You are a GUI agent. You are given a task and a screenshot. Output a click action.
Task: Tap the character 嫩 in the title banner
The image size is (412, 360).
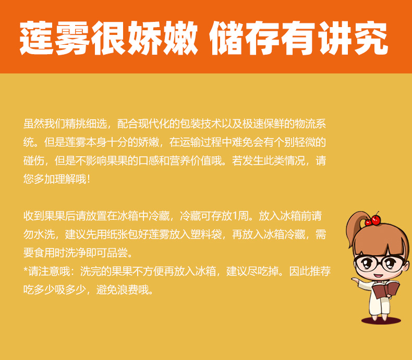(180, 38)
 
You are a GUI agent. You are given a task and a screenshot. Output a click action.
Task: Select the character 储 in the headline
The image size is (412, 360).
(227, 38)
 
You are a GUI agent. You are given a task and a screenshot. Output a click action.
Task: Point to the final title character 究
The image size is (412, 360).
(371, 38)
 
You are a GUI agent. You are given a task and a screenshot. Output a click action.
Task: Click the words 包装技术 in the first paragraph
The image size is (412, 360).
(200, 124)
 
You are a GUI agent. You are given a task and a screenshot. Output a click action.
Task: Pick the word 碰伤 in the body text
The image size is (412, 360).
(33, 160)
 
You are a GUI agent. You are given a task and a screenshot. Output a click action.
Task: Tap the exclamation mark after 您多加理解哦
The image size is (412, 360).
(88, 179)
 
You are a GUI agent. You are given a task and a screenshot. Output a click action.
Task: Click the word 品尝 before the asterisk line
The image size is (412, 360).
(117, 253)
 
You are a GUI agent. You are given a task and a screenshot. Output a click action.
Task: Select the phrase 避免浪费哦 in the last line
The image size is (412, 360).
(123, 290)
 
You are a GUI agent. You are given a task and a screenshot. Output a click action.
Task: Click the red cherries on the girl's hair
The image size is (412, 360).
(373, 220)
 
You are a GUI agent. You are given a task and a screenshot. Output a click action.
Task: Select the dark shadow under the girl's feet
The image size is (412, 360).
(381, 320)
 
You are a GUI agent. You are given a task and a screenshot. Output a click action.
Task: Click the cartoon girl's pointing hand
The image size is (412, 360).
(355, 280)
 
